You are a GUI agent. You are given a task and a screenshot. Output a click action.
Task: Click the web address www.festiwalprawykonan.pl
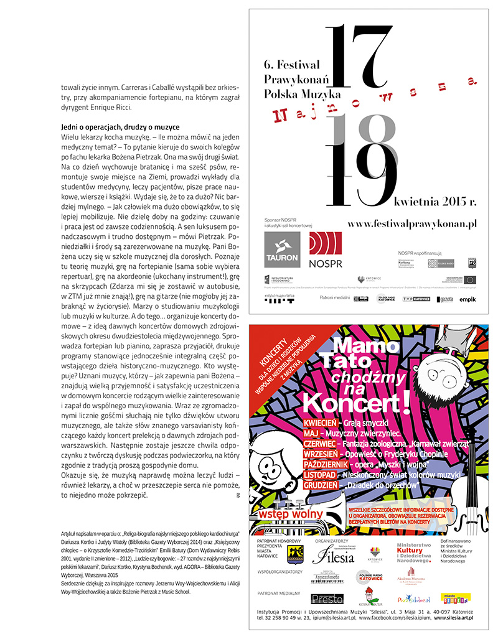tap(412, 222)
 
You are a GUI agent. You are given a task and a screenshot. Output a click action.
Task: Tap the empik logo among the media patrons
tap(467, 299)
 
